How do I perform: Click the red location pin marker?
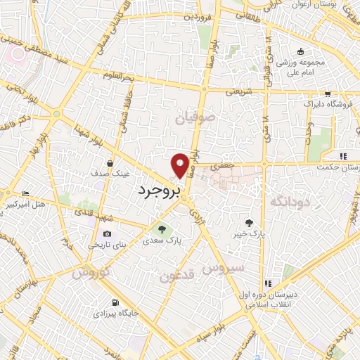pyautogui.click(x=181, y=165)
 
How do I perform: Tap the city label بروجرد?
pyautogui.click(x=157, y=190)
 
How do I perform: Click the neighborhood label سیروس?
pyautogui.click(x=223, y=268)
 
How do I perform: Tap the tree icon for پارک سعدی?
pyautogui.click(x=162, y=229)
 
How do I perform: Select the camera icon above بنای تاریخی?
pyautogui.click(x=107, y=234)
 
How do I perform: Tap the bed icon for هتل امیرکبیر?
pyautogui.click(x=26, y=194)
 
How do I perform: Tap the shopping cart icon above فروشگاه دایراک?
pyautogui.click(x=328, y=93)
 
